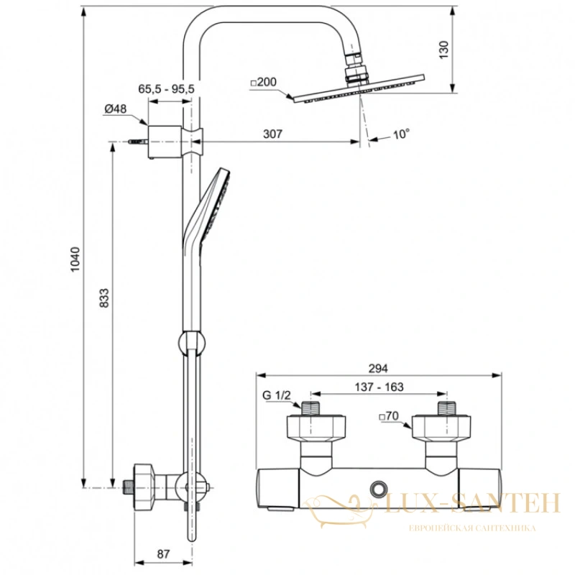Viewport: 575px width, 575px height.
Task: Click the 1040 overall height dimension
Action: coord(75,259)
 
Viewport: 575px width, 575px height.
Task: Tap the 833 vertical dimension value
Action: coord(104,298)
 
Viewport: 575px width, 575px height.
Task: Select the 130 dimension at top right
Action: coord(443,50)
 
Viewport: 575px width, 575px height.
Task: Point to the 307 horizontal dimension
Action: coord(273,134)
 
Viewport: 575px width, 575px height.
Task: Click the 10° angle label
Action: coord(401,134)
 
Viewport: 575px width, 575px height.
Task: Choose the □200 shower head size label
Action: coord(263,82)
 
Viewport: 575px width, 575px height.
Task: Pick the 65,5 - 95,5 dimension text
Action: coord(166,88)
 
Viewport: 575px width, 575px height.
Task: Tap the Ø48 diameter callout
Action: coord(116,109)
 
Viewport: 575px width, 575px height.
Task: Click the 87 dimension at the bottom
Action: coord(163,553)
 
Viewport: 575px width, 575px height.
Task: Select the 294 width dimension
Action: coord(378,368)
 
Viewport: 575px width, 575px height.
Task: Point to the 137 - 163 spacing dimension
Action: coord(379,387)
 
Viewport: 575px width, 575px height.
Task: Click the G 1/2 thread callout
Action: coord(277,395)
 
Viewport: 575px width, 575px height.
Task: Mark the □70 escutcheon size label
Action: coord(389,416)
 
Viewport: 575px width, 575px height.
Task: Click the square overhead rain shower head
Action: coord(359,88)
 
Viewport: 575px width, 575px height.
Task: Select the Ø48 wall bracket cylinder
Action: coord(165,142)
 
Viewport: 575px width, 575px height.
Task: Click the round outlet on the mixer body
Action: coord(378,489)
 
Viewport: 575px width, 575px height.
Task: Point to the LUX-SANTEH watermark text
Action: coord(473,502)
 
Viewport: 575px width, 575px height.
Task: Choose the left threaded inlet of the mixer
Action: coord(310,408)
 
